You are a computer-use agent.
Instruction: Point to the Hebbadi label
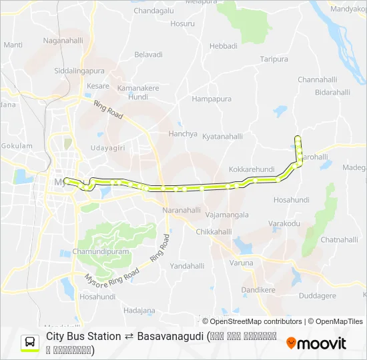tap(224, 46)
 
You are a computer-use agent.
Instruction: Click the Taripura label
tap(274, 59)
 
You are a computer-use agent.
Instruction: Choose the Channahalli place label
tap(318, 79)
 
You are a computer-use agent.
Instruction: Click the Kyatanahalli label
tap(223, 135)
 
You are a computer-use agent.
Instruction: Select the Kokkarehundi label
tap(252, 170)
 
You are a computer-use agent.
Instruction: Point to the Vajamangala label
tap(228, 215)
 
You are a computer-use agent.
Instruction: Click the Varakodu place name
tap(284, 223)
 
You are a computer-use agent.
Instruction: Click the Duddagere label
tap(318, 295)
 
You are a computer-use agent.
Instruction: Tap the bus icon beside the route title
tap(30, 343)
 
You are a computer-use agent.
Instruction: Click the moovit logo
tap(316, 343)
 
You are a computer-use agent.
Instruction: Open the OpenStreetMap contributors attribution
tap(256, 321)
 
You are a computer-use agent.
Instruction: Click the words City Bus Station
tap(83, 337)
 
